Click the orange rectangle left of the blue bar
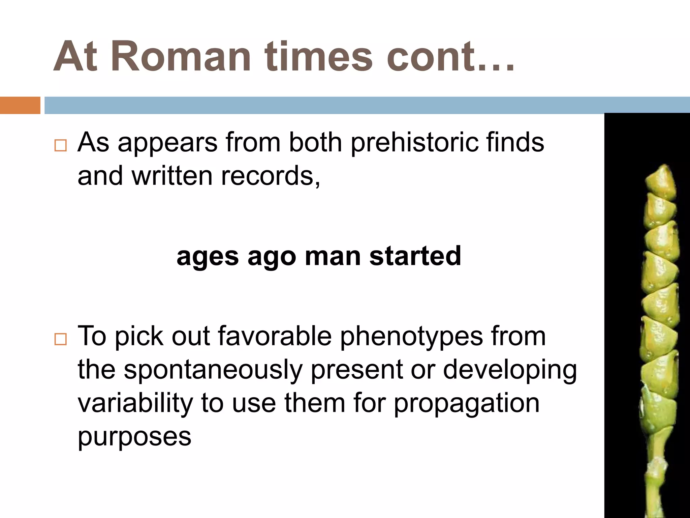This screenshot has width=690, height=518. click(x=20, y=105)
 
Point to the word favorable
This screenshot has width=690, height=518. click(x=275, y=336)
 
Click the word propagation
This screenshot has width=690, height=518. click(x=467, y=404)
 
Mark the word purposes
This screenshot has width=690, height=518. click(x=134, y=437)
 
